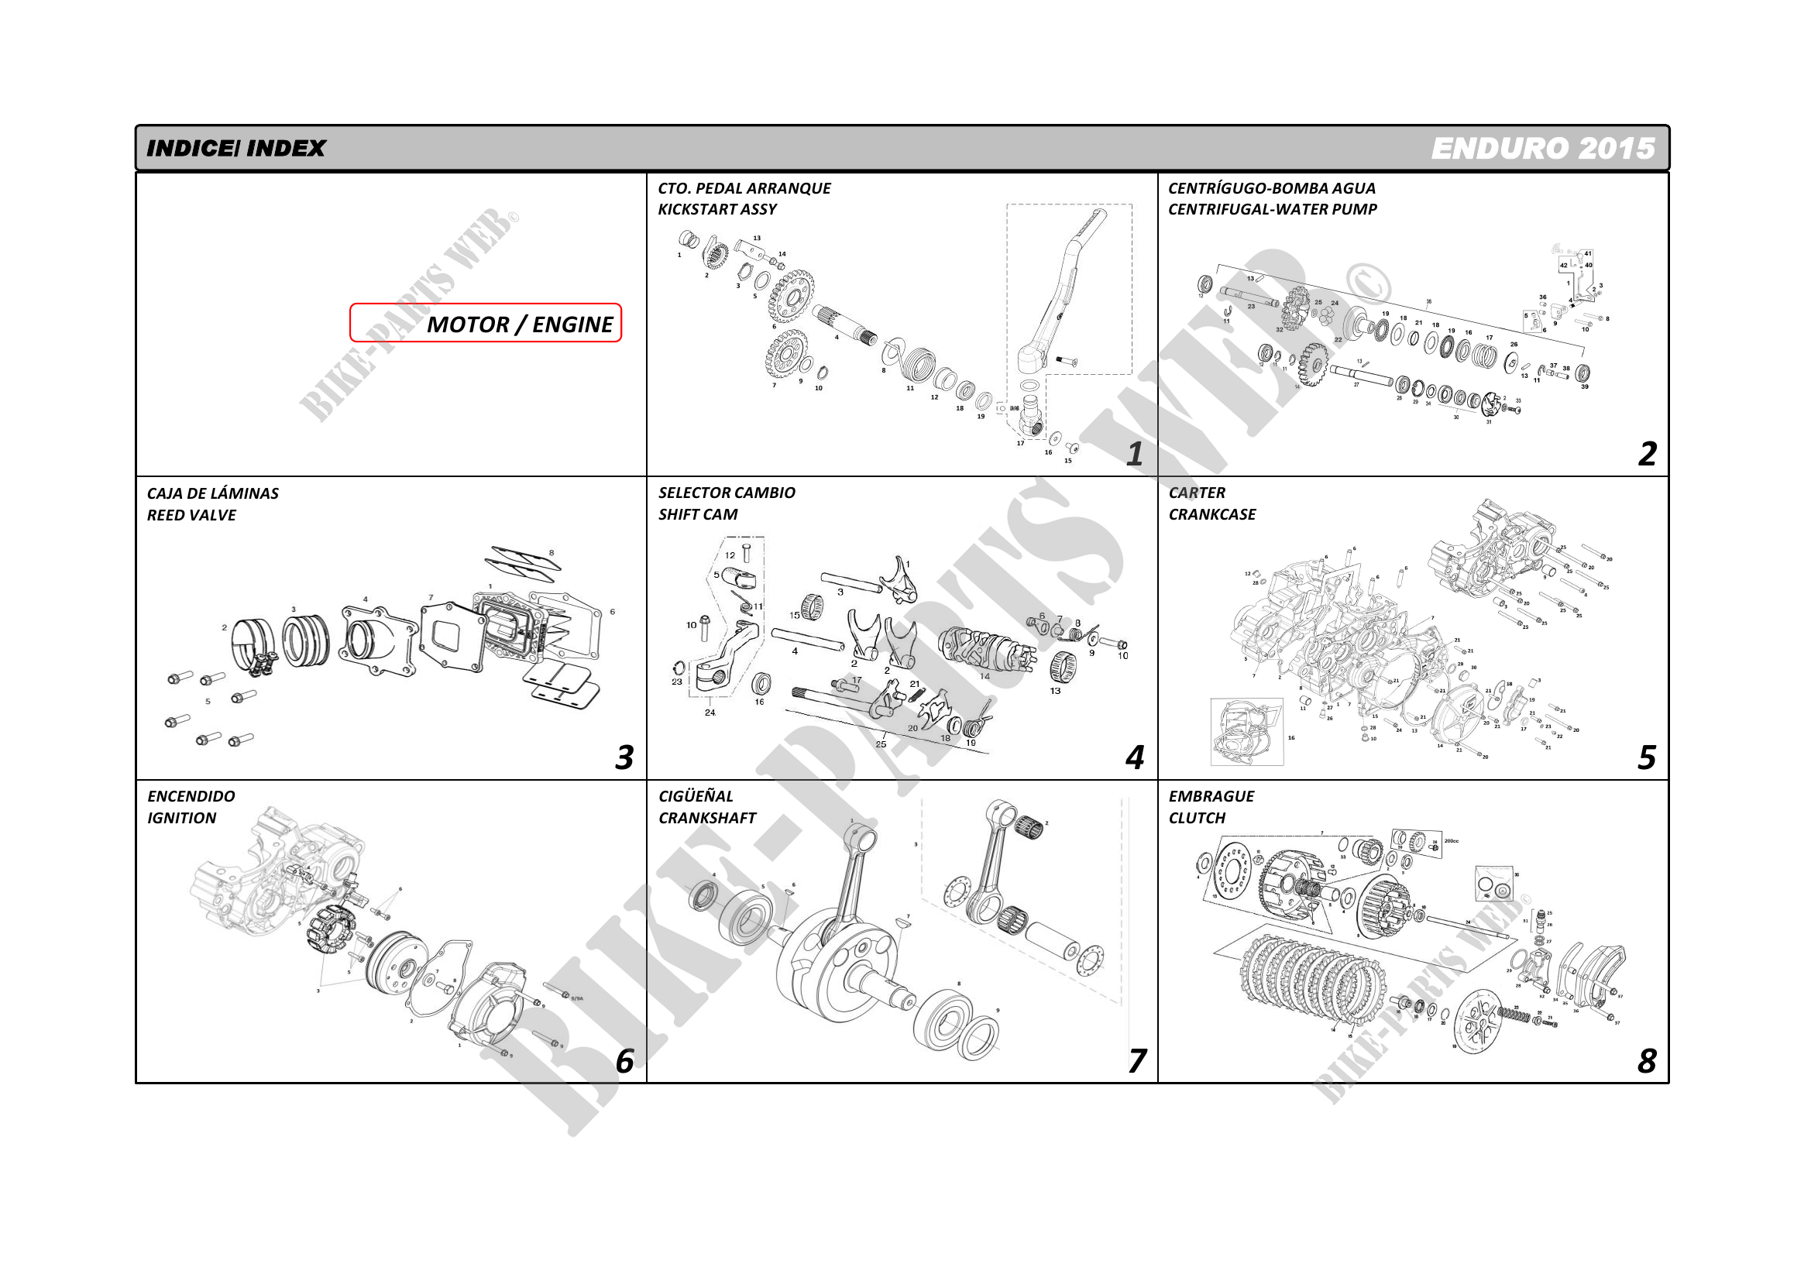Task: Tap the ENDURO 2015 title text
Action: click(1542, 148)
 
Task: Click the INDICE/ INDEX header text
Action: click(235, 148)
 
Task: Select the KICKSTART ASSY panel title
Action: click(717, 209)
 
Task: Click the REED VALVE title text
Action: click(191, 515)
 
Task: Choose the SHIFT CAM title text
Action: click(697, 514)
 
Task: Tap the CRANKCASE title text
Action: click(1211, 514)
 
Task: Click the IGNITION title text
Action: click(181, 818)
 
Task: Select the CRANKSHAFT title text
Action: click(706, 818)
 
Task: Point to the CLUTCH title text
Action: click(1197, 818)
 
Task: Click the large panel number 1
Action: click(1134, 454)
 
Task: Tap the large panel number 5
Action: click(1646, 757)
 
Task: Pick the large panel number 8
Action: click(1646, 1061)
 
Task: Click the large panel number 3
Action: click(624, 757)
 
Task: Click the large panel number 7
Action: click(1136, 1061)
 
